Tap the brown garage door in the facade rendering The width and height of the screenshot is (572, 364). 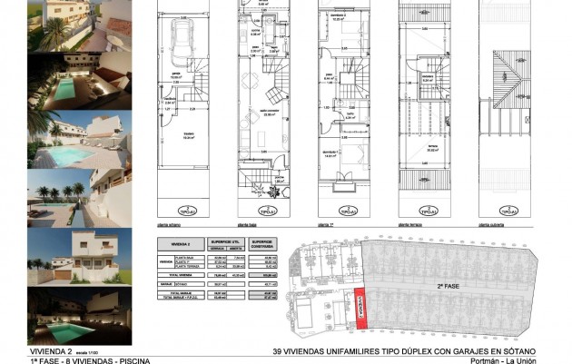(63, 272)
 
